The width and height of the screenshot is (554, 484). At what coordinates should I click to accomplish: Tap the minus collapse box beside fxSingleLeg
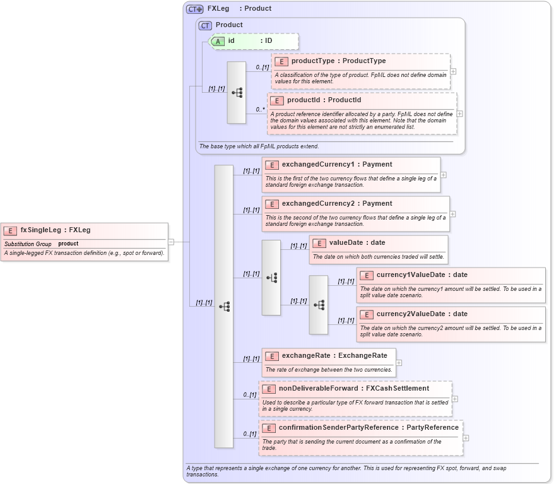(x=171, y=242)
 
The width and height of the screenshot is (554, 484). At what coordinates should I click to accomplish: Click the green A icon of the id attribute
(x=218, y=41)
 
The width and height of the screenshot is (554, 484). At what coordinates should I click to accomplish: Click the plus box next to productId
(x=459, y=114)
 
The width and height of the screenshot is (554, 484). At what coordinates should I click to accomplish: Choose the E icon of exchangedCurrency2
(x=272, y=204)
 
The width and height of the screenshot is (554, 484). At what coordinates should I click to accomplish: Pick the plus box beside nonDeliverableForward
(x=455, y=399)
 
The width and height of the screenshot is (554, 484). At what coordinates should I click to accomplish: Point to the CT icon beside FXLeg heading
(x=194, y=9)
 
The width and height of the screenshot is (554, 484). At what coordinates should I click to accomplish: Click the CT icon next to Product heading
(x=205, y=26)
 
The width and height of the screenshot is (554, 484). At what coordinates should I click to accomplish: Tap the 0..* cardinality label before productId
(x=260, y=109)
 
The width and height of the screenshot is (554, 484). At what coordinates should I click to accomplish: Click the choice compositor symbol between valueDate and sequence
(x=271, y=278)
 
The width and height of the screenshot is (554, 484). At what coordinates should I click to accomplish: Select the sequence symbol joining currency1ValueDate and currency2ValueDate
(x=319, y=305)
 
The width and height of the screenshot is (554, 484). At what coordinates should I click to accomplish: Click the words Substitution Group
(x=28, y=244)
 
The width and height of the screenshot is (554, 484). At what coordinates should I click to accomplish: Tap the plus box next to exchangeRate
(x=399, y=363)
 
